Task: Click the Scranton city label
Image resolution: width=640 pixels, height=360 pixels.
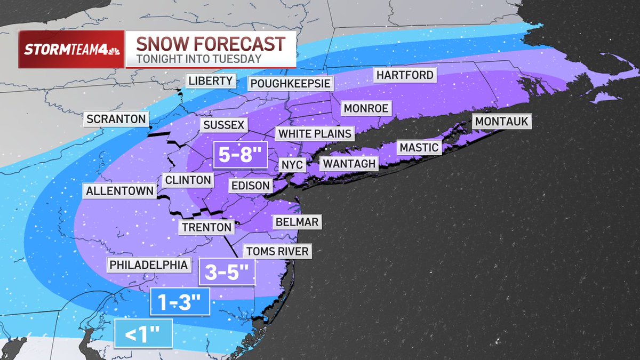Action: click(x=116, y=118)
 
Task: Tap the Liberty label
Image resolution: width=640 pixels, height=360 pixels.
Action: click(x=211, y=81)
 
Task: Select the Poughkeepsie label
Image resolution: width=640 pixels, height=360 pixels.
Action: click(x=291, y=84)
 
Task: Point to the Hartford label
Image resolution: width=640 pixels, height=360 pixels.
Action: click(x=405, y=75)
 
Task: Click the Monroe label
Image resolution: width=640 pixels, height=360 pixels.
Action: click(x=366, y=108)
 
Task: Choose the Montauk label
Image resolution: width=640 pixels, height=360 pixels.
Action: click(x=501, y=122)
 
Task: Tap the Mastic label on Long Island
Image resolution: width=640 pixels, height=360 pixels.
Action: click(x=419, y=147)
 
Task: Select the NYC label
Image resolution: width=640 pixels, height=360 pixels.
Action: click(x=292, y=165)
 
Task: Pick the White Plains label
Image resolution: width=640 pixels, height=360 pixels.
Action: click(x=315, y=133)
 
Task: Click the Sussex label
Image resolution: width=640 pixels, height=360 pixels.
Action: click(x=223, y=125)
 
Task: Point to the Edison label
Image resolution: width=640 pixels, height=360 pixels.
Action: click(x=250, y=186)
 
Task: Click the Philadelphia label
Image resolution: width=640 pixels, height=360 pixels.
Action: click(x=149, y=265)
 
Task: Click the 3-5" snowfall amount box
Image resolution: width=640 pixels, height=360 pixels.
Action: click(x=227, y=273)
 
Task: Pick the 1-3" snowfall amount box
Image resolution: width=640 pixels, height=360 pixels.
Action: click(x=179, y=302)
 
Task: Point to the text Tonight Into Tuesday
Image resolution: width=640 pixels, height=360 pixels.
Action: click(x=198, y=59)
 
